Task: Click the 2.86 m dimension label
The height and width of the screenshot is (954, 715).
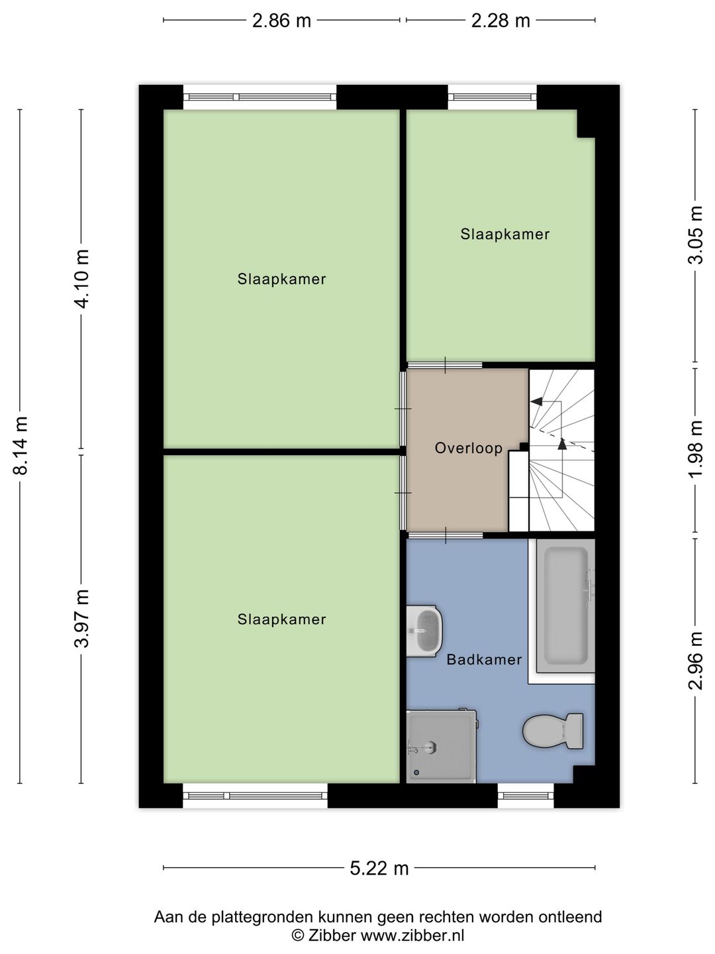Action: [x=281, y=21]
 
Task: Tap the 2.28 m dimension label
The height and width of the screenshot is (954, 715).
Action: [x=501, y=21]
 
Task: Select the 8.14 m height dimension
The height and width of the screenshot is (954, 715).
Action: [x=20, y=445]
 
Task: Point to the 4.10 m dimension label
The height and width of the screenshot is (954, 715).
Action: [x=81, y=279]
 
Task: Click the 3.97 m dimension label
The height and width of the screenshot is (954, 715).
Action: [x=81, y=619]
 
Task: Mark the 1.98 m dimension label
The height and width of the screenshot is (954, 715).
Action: [x=695, y=449]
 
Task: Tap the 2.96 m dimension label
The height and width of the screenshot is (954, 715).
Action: [x=695, y=661]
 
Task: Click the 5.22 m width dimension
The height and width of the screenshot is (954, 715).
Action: [x=379, y=869]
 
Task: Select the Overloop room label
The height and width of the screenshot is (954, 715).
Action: [x=469, y=448]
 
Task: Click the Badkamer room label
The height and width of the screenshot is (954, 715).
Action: [x=484, y=660]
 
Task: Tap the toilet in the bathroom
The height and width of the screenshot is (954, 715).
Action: [x=553, y=731]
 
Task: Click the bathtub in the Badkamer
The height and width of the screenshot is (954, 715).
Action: [x=565, y=606]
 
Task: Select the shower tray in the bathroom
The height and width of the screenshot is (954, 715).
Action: [x=441, y=747]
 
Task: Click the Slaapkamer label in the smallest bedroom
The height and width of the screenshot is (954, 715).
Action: [x=505, y=235]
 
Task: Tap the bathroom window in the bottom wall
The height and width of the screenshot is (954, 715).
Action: [x=526, y=796]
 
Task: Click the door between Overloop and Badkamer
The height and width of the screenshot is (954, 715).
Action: [x=445, y=535]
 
